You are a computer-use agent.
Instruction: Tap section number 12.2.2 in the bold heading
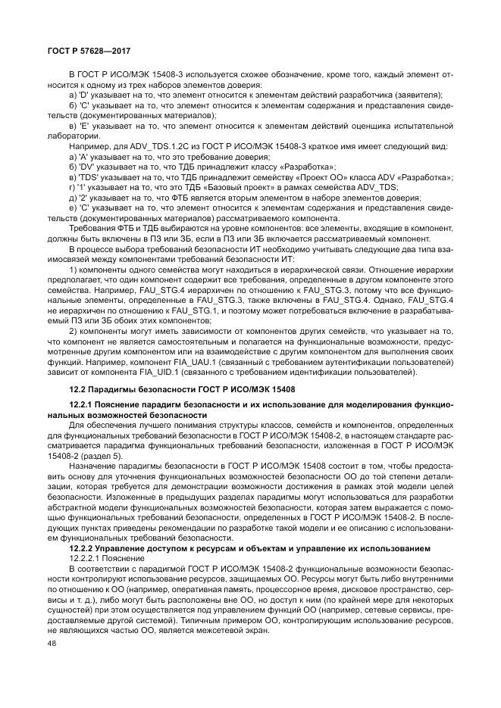(x=80, y=547)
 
